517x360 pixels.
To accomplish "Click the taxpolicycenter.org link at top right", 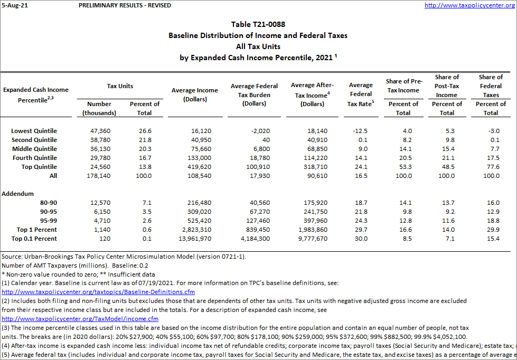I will [x=469, y=5].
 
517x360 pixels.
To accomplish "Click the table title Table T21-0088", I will [x=258, y=25].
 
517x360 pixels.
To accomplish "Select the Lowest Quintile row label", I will [x=34, y=131].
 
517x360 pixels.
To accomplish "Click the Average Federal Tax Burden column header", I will [x=254, y=94].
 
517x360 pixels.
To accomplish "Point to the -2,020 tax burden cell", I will [x=256, y=131].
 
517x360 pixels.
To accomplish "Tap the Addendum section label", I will [x=18, y=194].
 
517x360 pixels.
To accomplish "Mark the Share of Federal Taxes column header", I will [x=491, y=86].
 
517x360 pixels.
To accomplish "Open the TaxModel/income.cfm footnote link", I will [x=80, y=319].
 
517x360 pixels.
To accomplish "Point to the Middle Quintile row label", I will [x=34, y=149].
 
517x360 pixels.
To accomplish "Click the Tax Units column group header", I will [x=120, y=86].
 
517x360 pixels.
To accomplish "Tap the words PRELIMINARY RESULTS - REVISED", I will [x=125, y=5].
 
